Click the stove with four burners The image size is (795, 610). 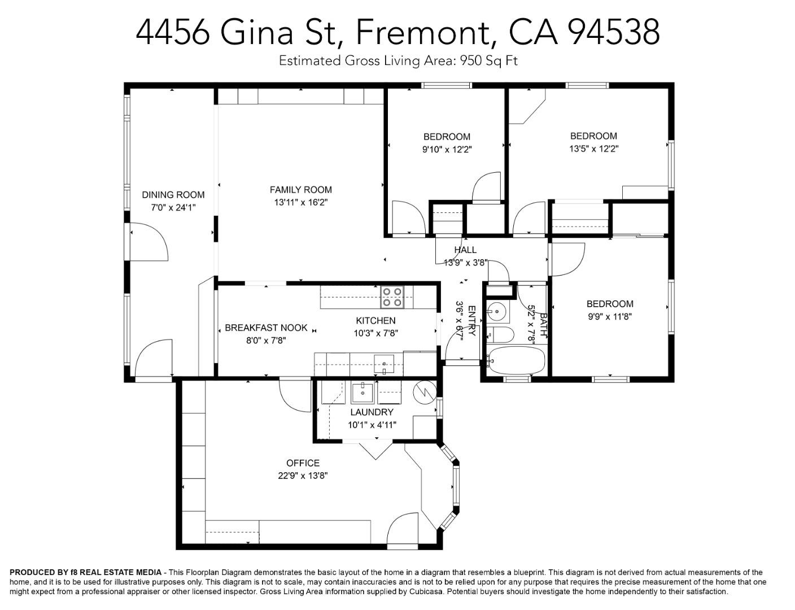392,297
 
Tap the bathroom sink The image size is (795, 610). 498,311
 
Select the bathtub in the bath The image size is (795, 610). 517,360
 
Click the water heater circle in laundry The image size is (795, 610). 425,393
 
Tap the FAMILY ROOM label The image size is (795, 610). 301,190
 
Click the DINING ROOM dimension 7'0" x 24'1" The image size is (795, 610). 173,207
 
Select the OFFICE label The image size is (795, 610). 303,463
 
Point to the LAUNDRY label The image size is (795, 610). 372,412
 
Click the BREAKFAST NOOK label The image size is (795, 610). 266,328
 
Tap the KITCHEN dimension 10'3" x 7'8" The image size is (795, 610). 375,333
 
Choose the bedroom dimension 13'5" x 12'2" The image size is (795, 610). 593,149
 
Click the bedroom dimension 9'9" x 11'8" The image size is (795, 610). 610,316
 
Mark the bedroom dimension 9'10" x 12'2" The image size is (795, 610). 447,150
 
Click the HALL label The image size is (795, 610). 465,250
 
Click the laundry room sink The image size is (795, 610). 362,393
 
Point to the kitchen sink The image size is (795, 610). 384,363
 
